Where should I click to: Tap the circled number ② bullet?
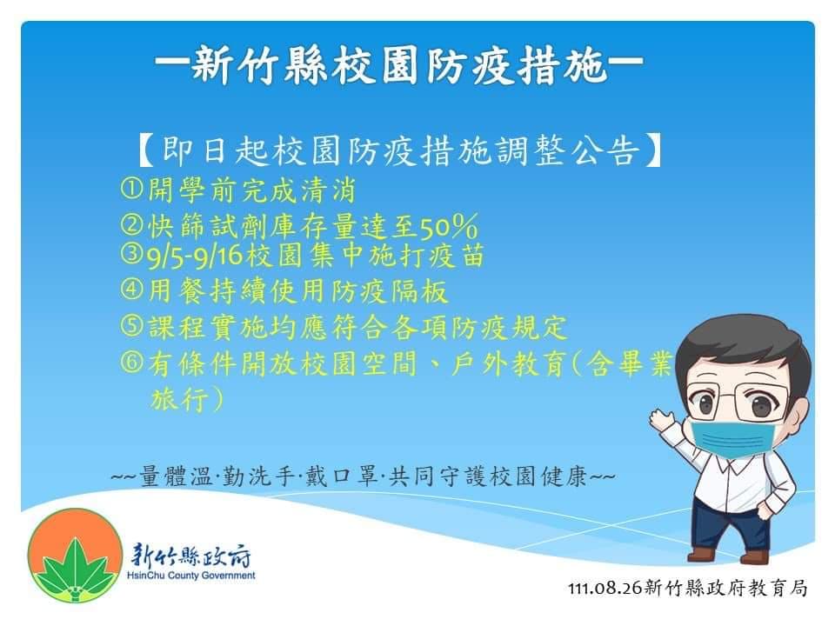tap(131, 224)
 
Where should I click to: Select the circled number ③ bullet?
tap(131, 254)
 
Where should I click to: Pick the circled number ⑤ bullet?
tap(131, 325)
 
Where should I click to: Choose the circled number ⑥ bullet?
tap(131, 362)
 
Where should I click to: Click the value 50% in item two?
tap(449, 227)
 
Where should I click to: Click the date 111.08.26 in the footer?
tap(605, 589)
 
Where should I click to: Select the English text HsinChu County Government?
tap(191, 576)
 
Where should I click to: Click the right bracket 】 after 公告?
tap(653, 151)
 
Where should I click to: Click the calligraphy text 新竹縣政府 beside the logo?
tap(190, 556)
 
